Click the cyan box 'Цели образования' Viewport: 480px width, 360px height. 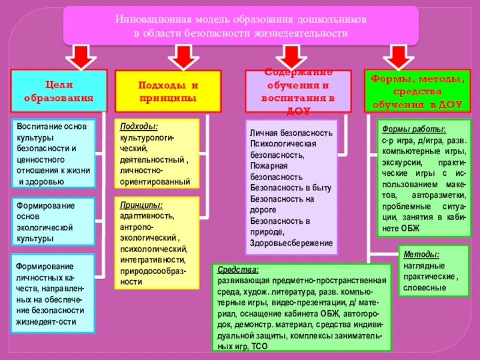click(x=58, y=91)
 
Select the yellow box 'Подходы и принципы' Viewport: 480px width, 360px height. click(x=167, y=91)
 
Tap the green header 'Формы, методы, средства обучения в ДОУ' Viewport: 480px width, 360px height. click(x=416, y=91)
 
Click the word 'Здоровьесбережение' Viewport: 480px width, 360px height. click(x=291, y=242)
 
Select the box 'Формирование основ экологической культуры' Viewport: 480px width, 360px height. click(x=54, y=222)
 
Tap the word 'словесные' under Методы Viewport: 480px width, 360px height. click(x=424, y=287)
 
